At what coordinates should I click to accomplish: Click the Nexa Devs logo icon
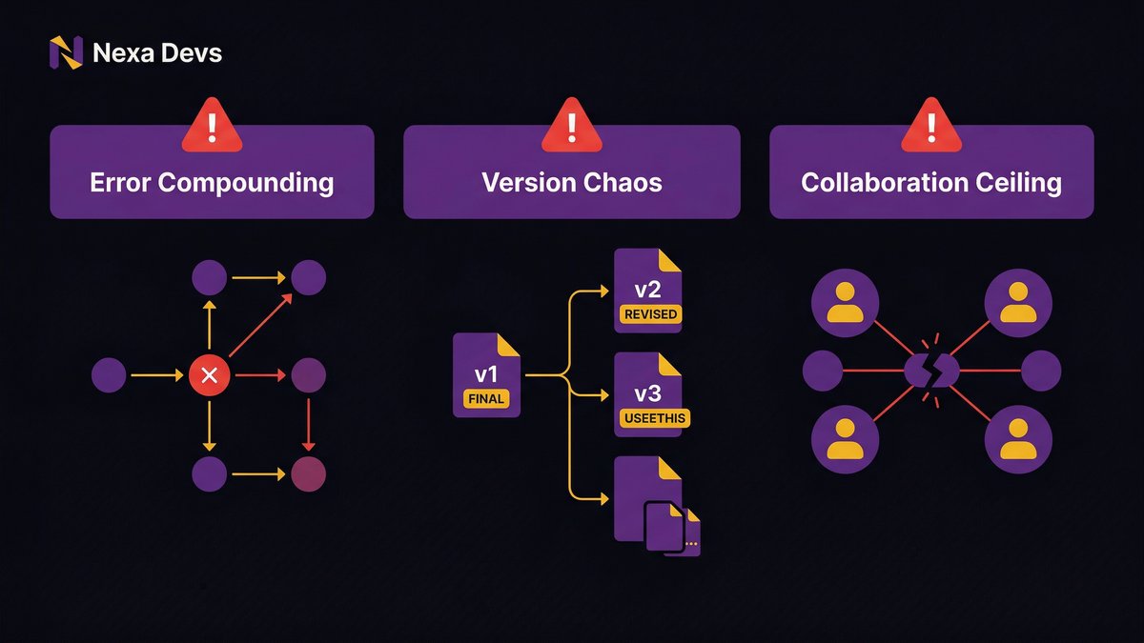[66, 52]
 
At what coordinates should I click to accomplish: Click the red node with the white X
[211, 375]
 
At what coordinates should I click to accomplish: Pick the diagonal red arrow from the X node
[259, 327]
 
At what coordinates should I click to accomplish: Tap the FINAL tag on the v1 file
[485, 400]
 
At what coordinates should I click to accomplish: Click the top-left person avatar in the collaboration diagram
[844, 303]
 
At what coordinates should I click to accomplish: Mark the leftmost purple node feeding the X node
[108, 375]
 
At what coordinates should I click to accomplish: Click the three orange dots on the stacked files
[691, 544]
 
